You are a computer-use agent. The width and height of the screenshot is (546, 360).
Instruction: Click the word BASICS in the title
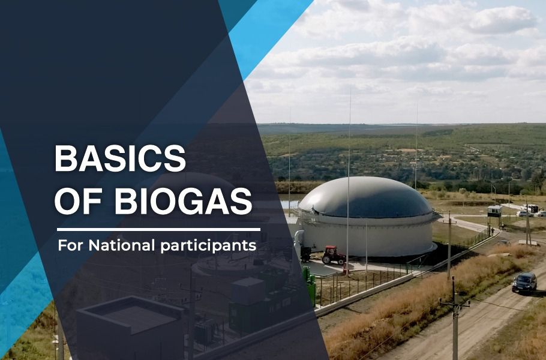[x=120, y=158]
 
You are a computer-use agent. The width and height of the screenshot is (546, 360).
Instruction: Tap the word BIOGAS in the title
[x=183, y=201]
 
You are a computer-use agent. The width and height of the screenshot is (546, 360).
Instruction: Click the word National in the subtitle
[x=121, y=245]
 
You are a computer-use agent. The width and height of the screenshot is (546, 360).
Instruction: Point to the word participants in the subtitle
[x=208, y=246]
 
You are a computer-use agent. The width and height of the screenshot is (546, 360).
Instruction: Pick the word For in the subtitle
[x=71, y=245]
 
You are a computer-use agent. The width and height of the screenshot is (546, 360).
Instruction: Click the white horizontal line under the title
[x=158, y=229]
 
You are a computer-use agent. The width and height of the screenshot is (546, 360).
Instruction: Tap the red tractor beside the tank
[x=333, y=255]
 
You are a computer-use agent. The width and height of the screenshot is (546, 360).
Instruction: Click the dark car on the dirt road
[x=524, y=283]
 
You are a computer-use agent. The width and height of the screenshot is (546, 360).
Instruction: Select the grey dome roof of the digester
[x=365, y=198]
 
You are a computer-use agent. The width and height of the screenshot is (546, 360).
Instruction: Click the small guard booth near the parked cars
[x=494, y=211]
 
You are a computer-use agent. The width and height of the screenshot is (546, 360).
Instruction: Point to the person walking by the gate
[x=493, y=231]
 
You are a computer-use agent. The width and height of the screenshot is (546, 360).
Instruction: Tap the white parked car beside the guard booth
[x=524, y=214]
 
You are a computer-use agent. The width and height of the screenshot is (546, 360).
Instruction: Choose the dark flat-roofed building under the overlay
[x=130, y=326]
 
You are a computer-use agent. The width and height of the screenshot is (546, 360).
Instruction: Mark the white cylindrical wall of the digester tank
[x=369, y=237]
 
